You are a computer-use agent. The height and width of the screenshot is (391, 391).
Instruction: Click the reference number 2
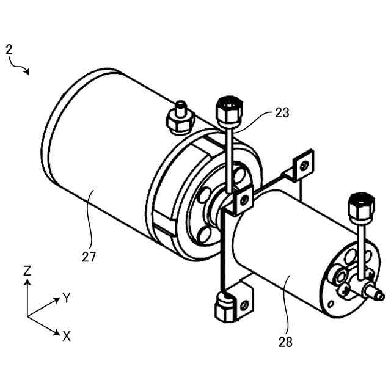tap(9, 49)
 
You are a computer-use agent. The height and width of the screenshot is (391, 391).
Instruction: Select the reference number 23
tap(282, 112)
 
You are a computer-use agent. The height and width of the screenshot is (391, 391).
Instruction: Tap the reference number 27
tap(89, 256)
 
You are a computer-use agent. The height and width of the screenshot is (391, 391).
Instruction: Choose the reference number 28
tap(285, 342)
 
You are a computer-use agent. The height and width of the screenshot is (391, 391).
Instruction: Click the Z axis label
tap(27, 270)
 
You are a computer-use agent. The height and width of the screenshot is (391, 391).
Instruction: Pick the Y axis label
tap(68, 298)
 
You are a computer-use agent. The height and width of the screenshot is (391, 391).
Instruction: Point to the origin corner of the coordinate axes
tap(28, 316)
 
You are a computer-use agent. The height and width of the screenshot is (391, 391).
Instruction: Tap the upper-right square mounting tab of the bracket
tap(304, 164)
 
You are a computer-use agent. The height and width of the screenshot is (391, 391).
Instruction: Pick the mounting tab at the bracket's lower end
tap(246, 303)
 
